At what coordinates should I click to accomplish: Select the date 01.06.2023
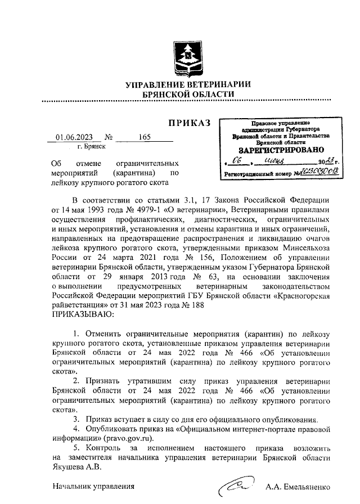tap(74, 137)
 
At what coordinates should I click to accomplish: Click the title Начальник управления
tap(93, 487)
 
